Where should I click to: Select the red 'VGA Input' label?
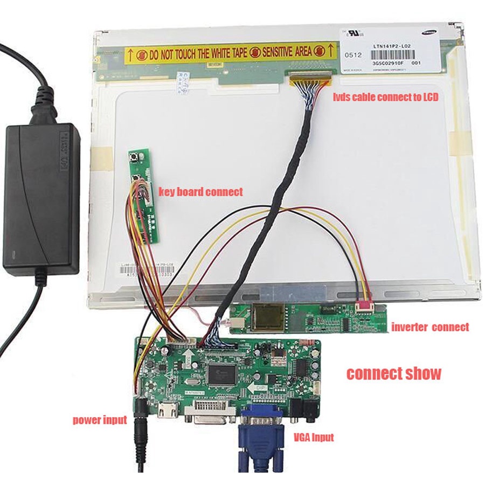tap(314, 437)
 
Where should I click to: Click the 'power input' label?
tap(100, 420)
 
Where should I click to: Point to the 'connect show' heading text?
tap(393, 373)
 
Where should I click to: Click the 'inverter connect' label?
tap(429, 327)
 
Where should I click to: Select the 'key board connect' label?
tap(200, 192)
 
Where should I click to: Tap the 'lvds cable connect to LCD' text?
tap(384, 97)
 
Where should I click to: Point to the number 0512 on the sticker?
tap(353, 54)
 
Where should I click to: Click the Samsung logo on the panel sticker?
tap(431, 33)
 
